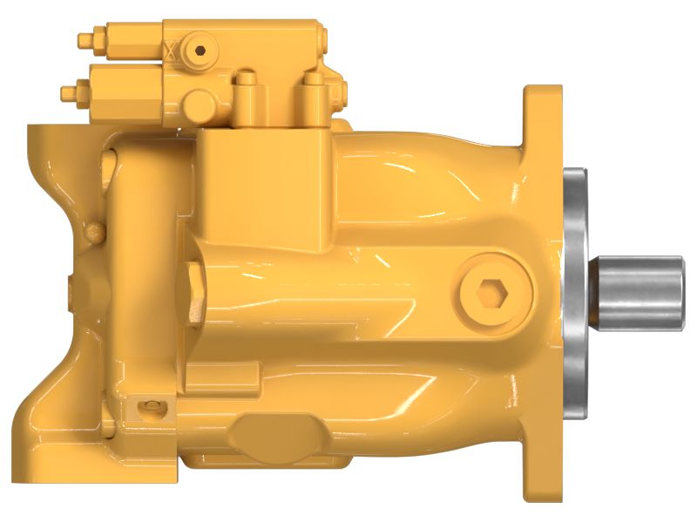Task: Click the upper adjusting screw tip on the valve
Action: pyautogui.click(x=84, y=39)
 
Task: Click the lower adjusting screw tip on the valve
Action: pyautogui.click(x=66, y=91)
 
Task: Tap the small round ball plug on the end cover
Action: pyautogui.click(x=93, y=231)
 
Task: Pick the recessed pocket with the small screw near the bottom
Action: pyautogui.click(x=153, y=405)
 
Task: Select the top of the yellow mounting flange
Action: pyautogui.click(x=541, y=100)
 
